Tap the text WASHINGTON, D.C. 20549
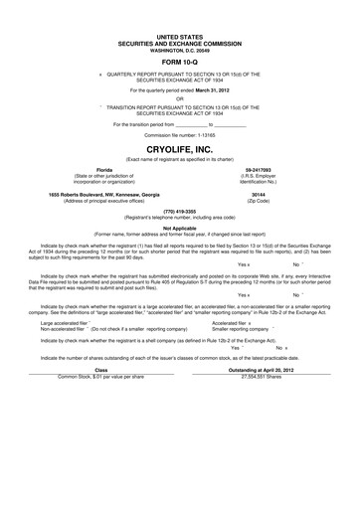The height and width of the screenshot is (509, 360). point(180,48)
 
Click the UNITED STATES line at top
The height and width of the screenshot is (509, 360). point(180,35)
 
